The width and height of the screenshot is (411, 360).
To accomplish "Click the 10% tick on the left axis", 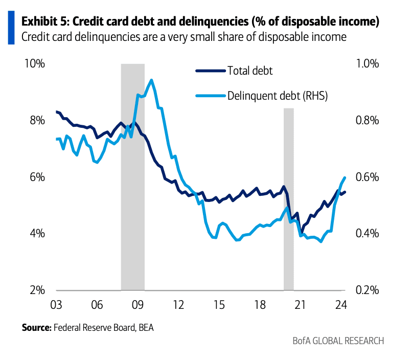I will (x=34, y=64).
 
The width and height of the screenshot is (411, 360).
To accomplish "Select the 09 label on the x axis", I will (x=137, y=305).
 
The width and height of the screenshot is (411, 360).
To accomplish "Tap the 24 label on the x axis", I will (x=340, y=305).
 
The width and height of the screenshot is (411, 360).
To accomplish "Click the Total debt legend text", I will (x=250, y=71).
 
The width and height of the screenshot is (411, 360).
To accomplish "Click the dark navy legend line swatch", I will (x=210, y=71).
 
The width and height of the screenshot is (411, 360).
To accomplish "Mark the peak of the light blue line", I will (x=151, y=80).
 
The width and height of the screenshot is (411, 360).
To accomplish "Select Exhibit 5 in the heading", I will (x=45, y=22).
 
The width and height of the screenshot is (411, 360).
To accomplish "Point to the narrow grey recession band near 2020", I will (x=289, y=199).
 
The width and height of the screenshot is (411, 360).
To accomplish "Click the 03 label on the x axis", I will (x=56, y=305).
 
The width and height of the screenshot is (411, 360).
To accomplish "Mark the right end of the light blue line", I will (x=346, y=177).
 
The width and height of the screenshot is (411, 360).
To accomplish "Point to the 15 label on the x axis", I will (x=218, y=305).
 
